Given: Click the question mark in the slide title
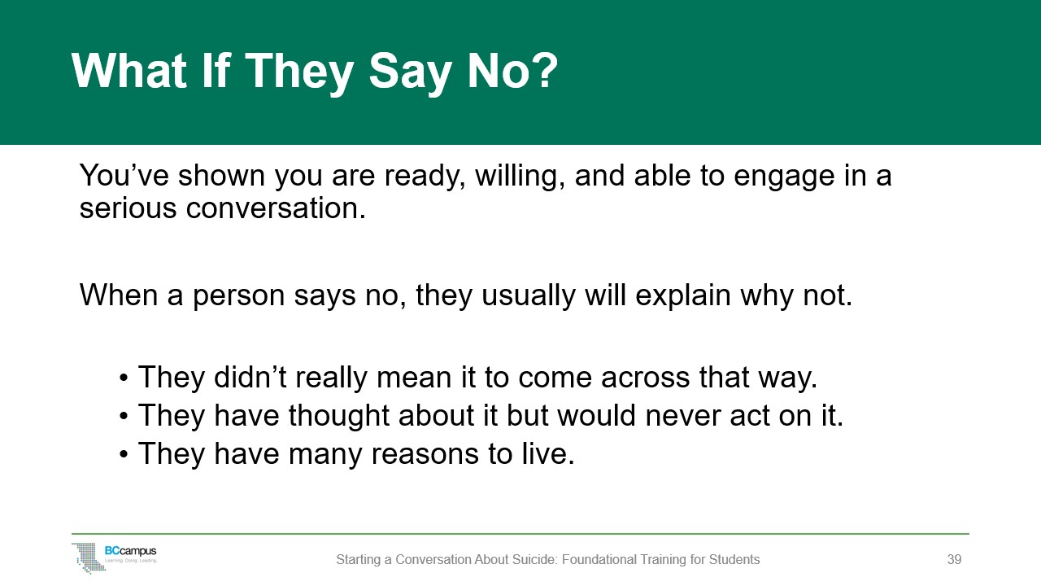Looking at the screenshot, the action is tap(545, 70).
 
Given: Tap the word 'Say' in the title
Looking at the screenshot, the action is tap(410, 73).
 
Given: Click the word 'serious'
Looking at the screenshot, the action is tap(128, 208).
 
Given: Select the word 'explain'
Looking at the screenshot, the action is tap(682, 295).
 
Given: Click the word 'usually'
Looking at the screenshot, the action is tap(528, 295).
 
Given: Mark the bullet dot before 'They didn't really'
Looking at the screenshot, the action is tap(123, 377).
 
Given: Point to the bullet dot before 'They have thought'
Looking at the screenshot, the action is tap(123, 416).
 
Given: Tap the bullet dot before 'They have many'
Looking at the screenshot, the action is tap(123, 454).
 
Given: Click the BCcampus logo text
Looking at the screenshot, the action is tap(131, 551).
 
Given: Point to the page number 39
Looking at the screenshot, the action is tap(954, 559).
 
